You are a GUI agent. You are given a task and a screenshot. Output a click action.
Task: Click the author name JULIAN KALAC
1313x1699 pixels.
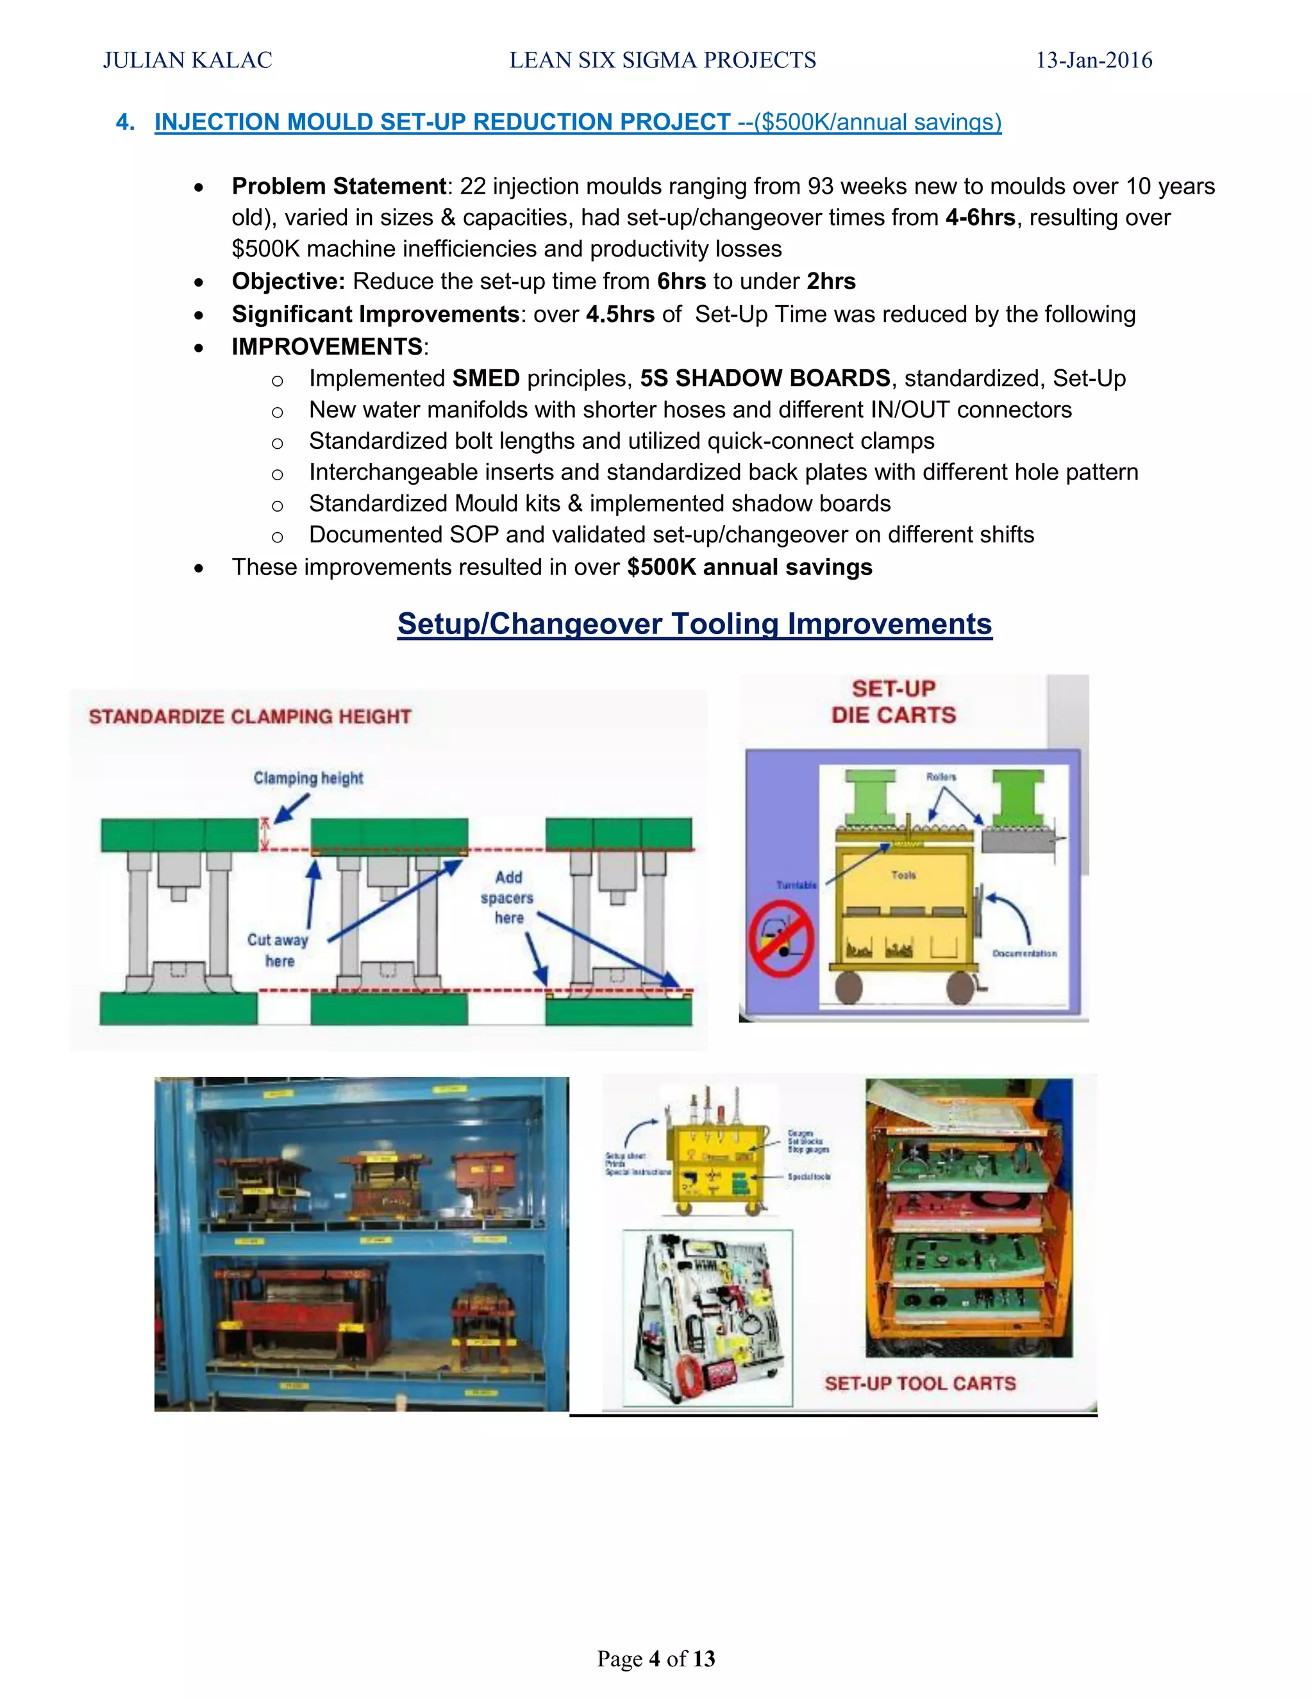click(x=187, y=61)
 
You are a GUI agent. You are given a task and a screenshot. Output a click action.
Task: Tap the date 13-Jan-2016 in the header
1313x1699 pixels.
click(x=1094, y=61)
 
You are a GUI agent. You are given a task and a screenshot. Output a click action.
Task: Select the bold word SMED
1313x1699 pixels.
click(x=486, y=378)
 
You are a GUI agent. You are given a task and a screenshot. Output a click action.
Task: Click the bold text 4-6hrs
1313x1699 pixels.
click(x=980, y=218)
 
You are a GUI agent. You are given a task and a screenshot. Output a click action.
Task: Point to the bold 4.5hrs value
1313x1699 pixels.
click(x=620, y=314)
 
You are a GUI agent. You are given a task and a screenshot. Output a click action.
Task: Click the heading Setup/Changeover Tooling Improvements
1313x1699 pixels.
click(x=694, y=624)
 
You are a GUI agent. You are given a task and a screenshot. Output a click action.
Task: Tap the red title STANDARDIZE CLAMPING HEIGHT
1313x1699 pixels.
click(x=249, y=717)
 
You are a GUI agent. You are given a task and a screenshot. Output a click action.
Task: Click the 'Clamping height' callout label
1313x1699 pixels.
click(x=308, y=778)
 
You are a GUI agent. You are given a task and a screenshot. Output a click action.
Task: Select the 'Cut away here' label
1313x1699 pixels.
click(x=278, y=950)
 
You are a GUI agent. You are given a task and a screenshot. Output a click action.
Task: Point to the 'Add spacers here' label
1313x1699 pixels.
click(x=508, y=898)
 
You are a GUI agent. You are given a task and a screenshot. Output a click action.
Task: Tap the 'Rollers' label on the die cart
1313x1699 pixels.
click(x=941, y=776)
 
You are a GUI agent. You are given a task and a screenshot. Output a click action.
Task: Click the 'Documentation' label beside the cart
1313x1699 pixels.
click(x=1024, y=953)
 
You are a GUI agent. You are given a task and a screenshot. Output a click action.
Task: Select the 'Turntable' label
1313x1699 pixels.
click(x=796, y=885)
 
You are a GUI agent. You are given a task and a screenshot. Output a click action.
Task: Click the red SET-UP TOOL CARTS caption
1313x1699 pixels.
click(x=920, y=1383)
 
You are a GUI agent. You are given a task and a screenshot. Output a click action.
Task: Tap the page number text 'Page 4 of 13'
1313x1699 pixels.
click(x=656, y=1659)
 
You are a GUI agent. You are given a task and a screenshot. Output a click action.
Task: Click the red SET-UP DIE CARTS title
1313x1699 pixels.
click(x=894, y=701)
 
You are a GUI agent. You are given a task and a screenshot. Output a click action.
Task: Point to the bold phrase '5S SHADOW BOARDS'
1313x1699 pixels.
click(x=765, y=378)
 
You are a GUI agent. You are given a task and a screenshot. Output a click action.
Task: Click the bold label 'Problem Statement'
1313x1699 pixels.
click(x=339, y=187)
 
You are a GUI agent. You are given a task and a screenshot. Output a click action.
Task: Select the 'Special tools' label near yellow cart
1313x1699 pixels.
click(x=809, y=1176)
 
